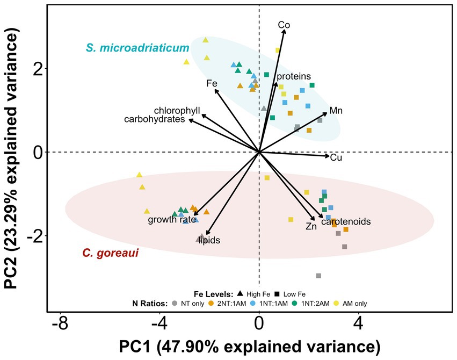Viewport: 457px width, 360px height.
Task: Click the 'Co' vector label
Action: tap(284, 24)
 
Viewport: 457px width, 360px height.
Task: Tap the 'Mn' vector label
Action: tap(336, 111)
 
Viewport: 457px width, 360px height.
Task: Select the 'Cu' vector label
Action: tap(336, 157)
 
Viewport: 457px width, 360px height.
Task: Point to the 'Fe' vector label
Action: tap(212, 83)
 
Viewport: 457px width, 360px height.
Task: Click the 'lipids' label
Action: tap(209, 241)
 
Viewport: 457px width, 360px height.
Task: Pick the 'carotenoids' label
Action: tap(346, 221)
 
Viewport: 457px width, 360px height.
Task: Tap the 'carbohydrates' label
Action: tap(154, 119)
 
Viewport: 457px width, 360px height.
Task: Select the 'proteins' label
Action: tap(294, 76)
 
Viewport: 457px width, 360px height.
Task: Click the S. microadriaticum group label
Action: tap(137, 48)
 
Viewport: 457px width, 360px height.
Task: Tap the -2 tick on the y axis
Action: tap(33, 236)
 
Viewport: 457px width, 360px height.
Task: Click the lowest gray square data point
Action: tap(318, 276)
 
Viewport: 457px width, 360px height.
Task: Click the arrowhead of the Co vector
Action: tap(284, 31)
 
